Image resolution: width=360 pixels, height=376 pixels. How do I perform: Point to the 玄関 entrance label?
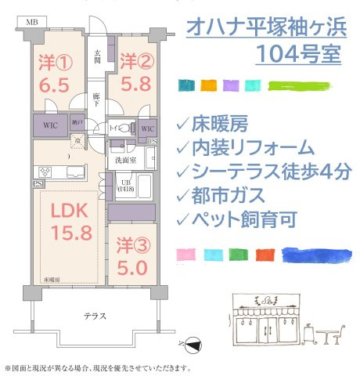(x=99, y=56)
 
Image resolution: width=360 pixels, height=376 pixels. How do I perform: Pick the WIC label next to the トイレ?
(x=146, y=128)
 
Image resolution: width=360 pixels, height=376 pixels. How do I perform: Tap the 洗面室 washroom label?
(x=125, y=161)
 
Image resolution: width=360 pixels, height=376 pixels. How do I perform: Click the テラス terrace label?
(x=95, y=316)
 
